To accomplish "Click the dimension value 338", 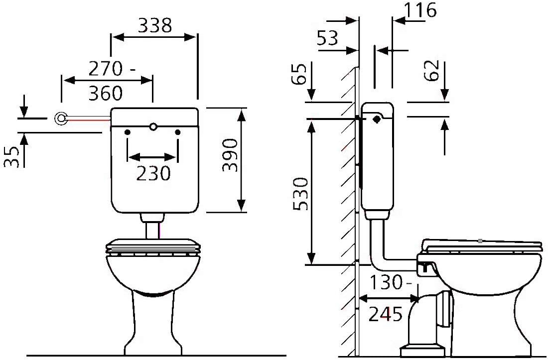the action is tap(155, 25).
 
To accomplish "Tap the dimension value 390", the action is tap(230, 155).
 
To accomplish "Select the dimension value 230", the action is tap(153, 173).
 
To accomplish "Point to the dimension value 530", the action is tap(300, 194).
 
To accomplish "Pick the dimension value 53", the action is tap(327, 38).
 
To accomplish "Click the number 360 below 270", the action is tap(106, 93).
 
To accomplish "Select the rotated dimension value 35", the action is tap(12, 157).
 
